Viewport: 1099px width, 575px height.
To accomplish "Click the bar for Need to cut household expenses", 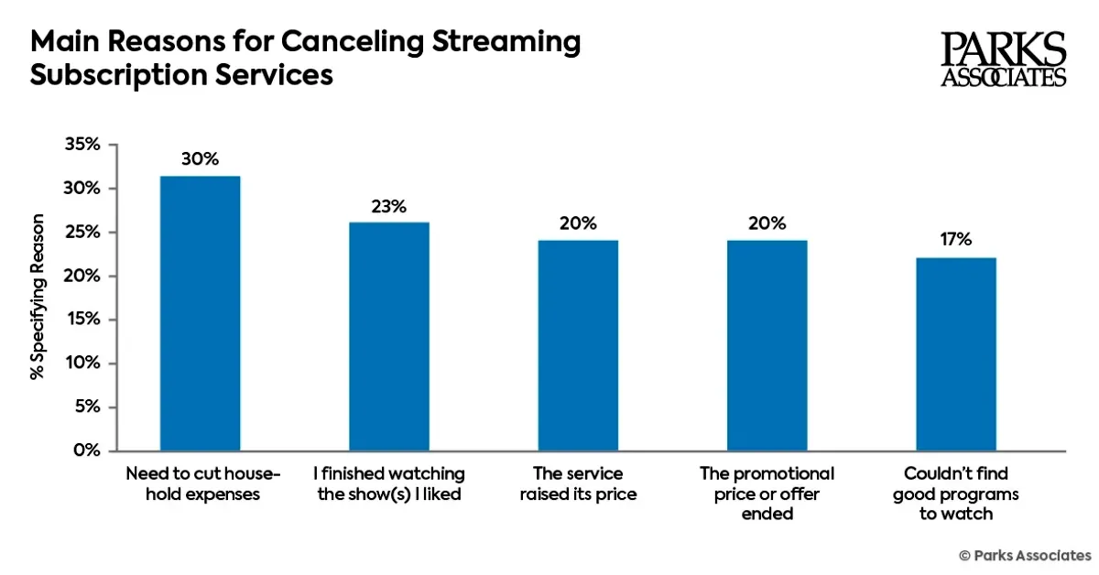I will (200, 313).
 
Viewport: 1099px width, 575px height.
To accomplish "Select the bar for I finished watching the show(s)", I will (388, 336).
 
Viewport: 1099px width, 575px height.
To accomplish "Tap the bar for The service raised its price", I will (577, 345).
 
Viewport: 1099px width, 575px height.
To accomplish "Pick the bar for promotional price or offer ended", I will (767, 345).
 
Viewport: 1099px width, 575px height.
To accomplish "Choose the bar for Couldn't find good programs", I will (955, 354).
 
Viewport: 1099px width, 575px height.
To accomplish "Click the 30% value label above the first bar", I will (200, 158).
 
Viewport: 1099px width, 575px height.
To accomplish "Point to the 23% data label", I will (388, 206).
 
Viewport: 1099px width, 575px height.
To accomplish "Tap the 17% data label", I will (955, 240).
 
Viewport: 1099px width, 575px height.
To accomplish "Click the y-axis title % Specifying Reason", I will (38, 297).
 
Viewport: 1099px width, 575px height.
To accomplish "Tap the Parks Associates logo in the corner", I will (1004, 60).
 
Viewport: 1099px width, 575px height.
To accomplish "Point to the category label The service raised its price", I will (577, 484).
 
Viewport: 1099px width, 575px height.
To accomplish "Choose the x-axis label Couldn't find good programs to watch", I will (955, 494).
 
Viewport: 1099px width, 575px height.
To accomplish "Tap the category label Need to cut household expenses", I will (200, 484).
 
